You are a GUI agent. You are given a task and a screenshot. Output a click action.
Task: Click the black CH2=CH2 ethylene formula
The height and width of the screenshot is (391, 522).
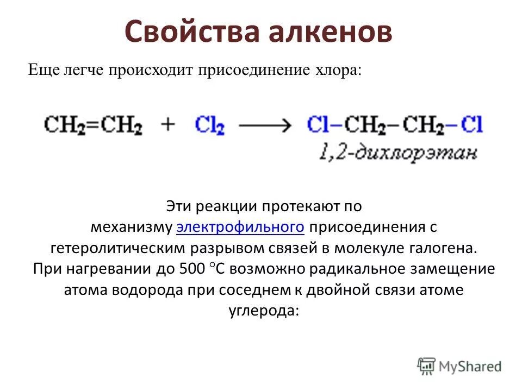(93, 125)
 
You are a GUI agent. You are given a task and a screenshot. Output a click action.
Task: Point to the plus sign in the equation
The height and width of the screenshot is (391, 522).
(169, 124)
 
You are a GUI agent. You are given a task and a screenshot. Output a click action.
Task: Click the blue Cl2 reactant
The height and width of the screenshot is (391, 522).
(209, 125)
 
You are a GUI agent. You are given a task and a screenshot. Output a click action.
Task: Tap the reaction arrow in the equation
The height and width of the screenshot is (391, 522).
(265, 125)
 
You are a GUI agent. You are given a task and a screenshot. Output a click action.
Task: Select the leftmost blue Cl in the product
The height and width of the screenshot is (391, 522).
(316, 125)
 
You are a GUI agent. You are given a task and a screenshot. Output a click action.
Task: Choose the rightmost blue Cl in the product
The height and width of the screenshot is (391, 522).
(472, 125)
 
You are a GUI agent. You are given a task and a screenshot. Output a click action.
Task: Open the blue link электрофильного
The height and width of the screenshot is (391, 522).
(240, 227)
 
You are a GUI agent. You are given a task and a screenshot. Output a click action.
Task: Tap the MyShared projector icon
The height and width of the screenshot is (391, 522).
(427, 366)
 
